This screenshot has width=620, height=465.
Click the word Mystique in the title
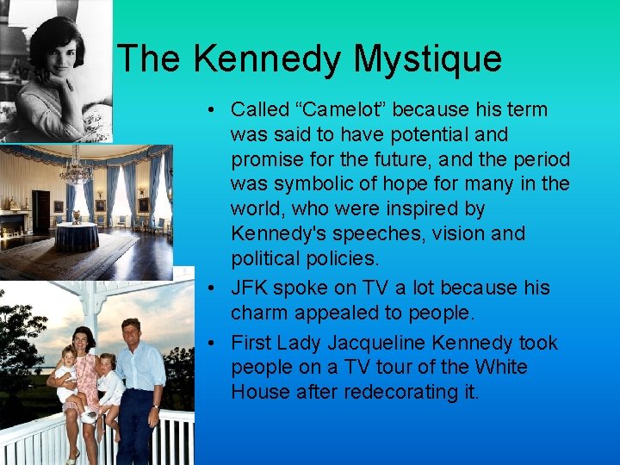click(427, 59)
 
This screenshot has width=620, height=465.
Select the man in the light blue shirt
click(138, 379)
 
